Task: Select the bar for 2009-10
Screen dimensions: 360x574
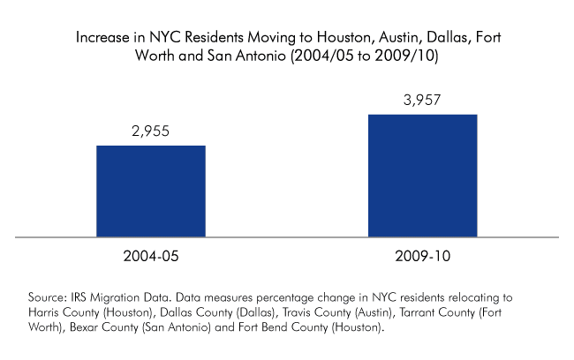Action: coord(422,176)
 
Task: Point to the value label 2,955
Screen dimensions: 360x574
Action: coord(150,132)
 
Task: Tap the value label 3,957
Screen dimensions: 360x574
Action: coord(422,101)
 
